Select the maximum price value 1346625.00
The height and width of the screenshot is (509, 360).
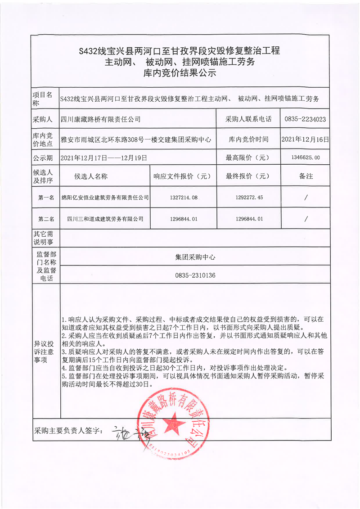tap(305, 158)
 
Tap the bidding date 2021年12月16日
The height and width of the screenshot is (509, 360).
tap(305, 139)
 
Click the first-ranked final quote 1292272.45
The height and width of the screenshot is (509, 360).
tap(249, 197)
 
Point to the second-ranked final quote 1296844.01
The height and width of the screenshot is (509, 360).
tap(249, 219)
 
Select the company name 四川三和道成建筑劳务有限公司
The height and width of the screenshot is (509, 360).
tap(105, 219)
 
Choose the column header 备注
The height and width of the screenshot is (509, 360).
tap(306, 176)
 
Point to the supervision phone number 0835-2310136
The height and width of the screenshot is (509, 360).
tap(195, 275)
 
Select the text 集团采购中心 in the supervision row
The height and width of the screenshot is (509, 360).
tap(195, 257)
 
